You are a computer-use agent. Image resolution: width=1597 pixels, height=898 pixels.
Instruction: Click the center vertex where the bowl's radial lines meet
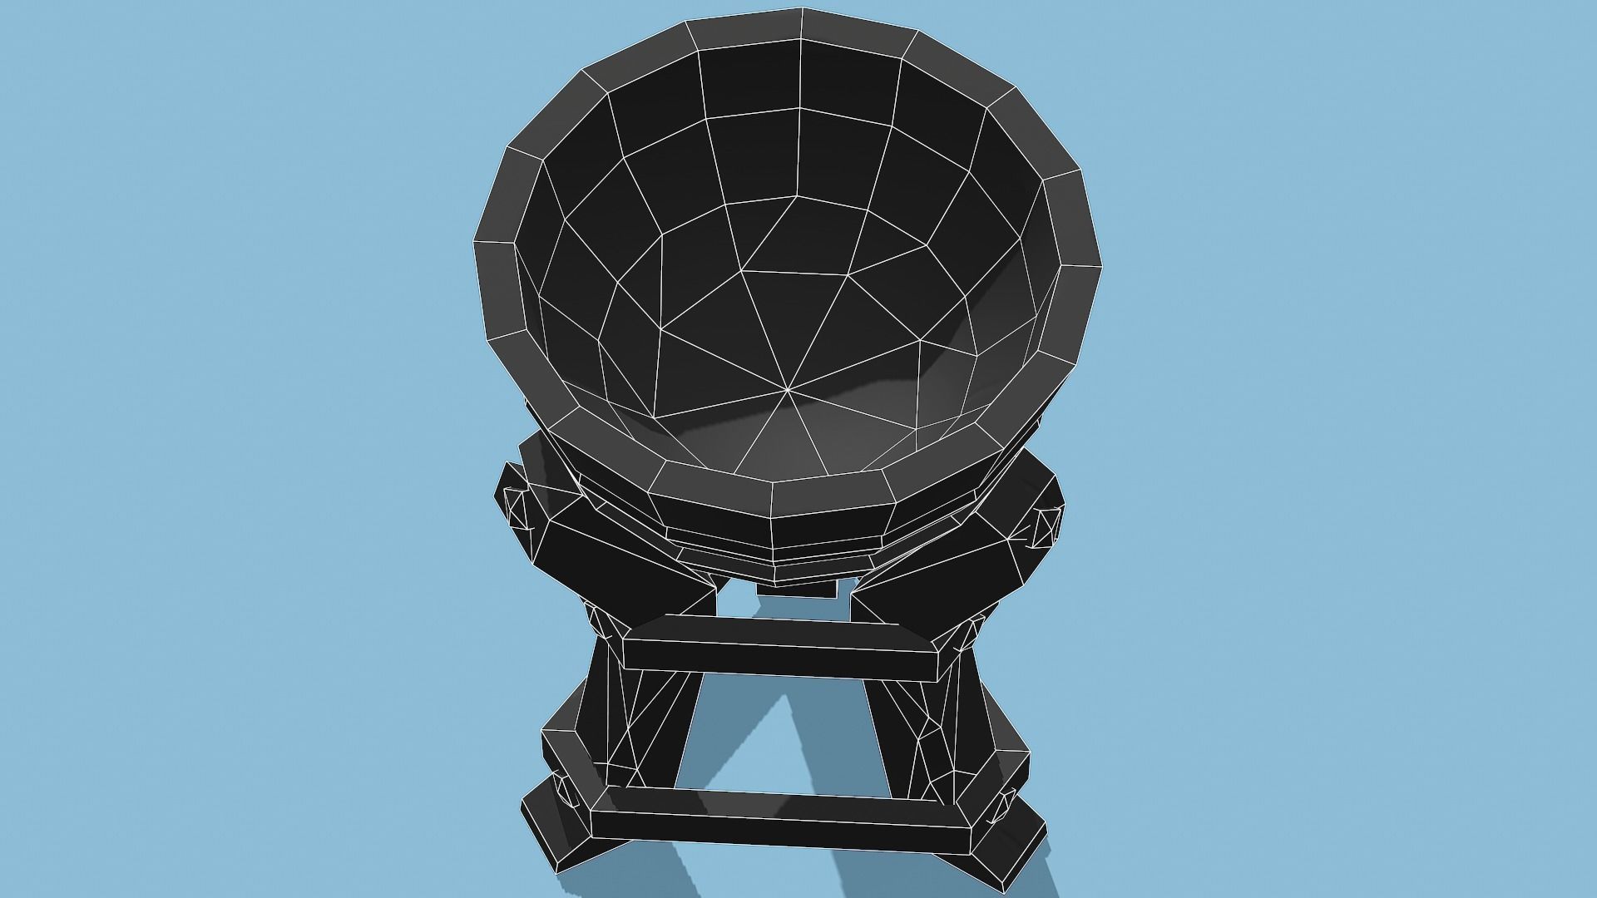pyautogui.click(x=786, y=387)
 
